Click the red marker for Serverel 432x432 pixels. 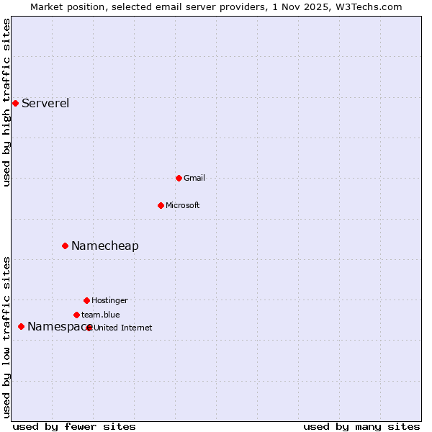point(15,103)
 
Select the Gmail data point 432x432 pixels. point(179,178)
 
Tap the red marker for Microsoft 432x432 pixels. point(161,205)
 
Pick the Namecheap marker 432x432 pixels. point(65,246)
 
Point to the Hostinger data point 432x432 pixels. point(86,300)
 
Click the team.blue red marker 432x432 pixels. point(76,315)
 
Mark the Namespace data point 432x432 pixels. point(21,326)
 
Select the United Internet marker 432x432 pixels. point(89,328)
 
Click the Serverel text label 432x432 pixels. point(45,103)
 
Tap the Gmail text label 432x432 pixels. point(194,178)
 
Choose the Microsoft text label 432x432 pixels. point(183,205)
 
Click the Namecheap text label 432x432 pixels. point(105,246)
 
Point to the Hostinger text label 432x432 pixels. point(109,300)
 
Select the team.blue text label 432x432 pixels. point(101,315)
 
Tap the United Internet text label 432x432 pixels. point(123,328)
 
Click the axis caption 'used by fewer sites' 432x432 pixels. point(74,426)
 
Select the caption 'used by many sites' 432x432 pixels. point(361,426)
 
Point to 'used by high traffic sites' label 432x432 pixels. point(6,102)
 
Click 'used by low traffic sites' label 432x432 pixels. point(6,337)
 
